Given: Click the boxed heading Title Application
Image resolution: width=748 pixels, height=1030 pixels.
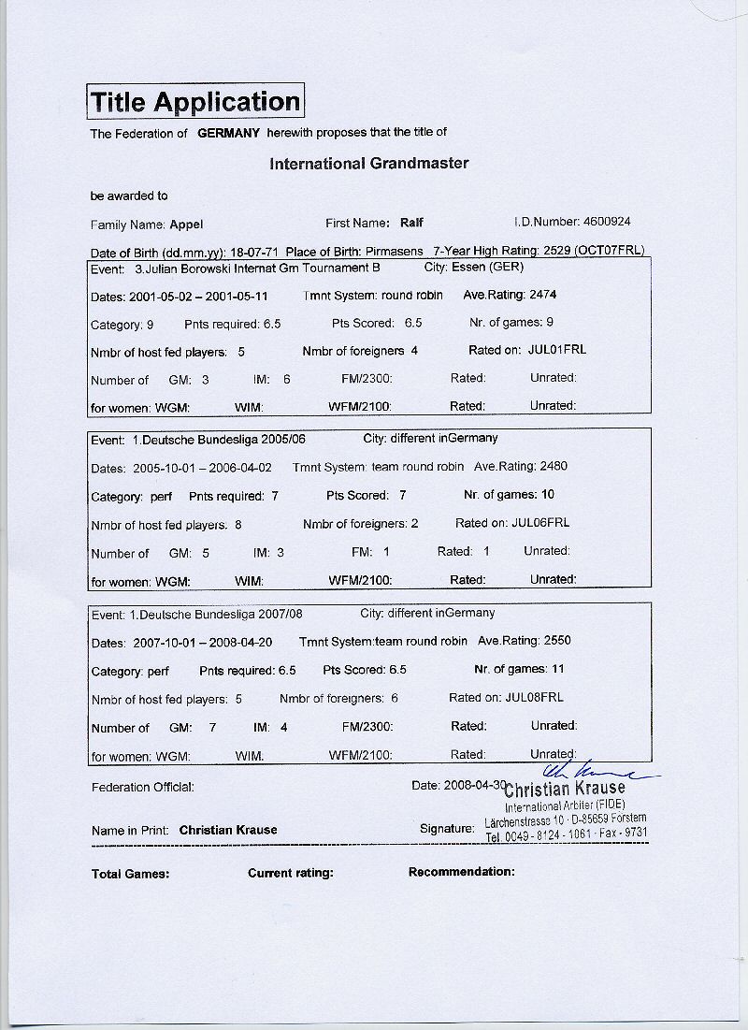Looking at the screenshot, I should pyautogui.click(x=195, y=101).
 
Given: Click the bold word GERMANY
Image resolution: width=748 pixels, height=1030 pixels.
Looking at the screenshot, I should pyautogui.click(x=228, y=133).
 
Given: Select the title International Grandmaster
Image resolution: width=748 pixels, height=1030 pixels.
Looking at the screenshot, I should pyautogui.click(x=369, y=163).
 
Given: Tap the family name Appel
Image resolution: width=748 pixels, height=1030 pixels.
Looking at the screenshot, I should pyautogui.click(x=186, y=225).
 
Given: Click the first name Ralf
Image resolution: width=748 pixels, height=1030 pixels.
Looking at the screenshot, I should pyautogui.click(x=411, y=223).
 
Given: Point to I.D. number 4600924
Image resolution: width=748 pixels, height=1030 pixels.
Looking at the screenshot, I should pyautogui.click(x=607, y=222).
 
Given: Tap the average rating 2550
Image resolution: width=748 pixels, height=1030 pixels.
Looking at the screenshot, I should pyautogui.click(x=551, y=641).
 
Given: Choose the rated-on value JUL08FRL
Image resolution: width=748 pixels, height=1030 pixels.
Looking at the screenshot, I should pyautogui.click(x=534, y=697).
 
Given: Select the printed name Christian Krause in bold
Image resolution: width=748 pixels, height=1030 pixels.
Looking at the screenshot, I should pyautogui.click(x=228, y=830).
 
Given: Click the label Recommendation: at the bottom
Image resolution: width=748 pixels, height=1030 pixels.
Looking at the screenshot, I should pyautogui.click(x=462, y=872).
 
